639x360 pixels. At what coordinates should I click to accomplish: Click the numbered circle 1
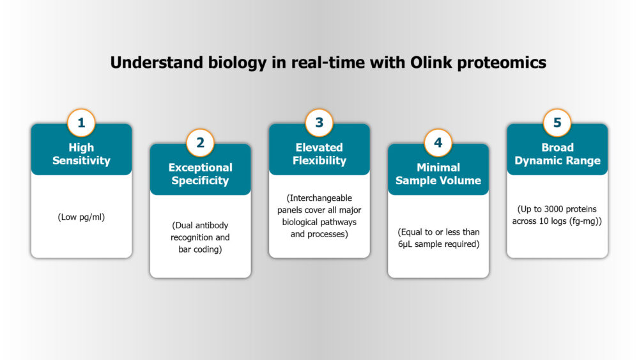click(x=81, y=123)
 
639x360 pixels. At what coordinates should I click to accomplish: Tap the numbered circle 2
click(x=200, y=143)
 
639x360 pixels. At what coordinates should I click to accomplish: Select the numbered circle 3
click(x=319, y=123)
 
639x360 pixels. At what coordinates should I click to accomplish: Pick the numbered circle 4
click(x=438, y=143)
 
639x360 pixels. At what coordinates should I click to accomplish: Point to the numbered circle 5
click(x=557, y=123)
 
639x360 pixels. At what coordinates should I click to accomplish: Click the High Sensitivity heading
click(x=81, y=154)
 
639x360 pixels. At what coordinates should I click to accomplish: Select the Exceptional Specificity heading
click(x=200, y=174)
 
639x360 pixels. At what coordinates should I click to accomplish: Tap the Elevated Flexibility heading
click(x=319, y=154)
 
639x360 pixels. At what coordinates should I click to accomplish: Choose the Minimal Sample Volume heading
click(x=438, y=174)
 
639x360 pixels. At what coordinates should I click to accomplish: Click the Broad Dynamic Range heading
click(x=557, y=154)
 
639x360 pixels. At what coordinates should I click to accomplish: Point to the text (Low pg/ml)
click(x=81, y=217)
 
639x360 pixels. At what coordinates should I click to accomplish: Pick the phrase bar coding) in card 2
click(x=200, y=249)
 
